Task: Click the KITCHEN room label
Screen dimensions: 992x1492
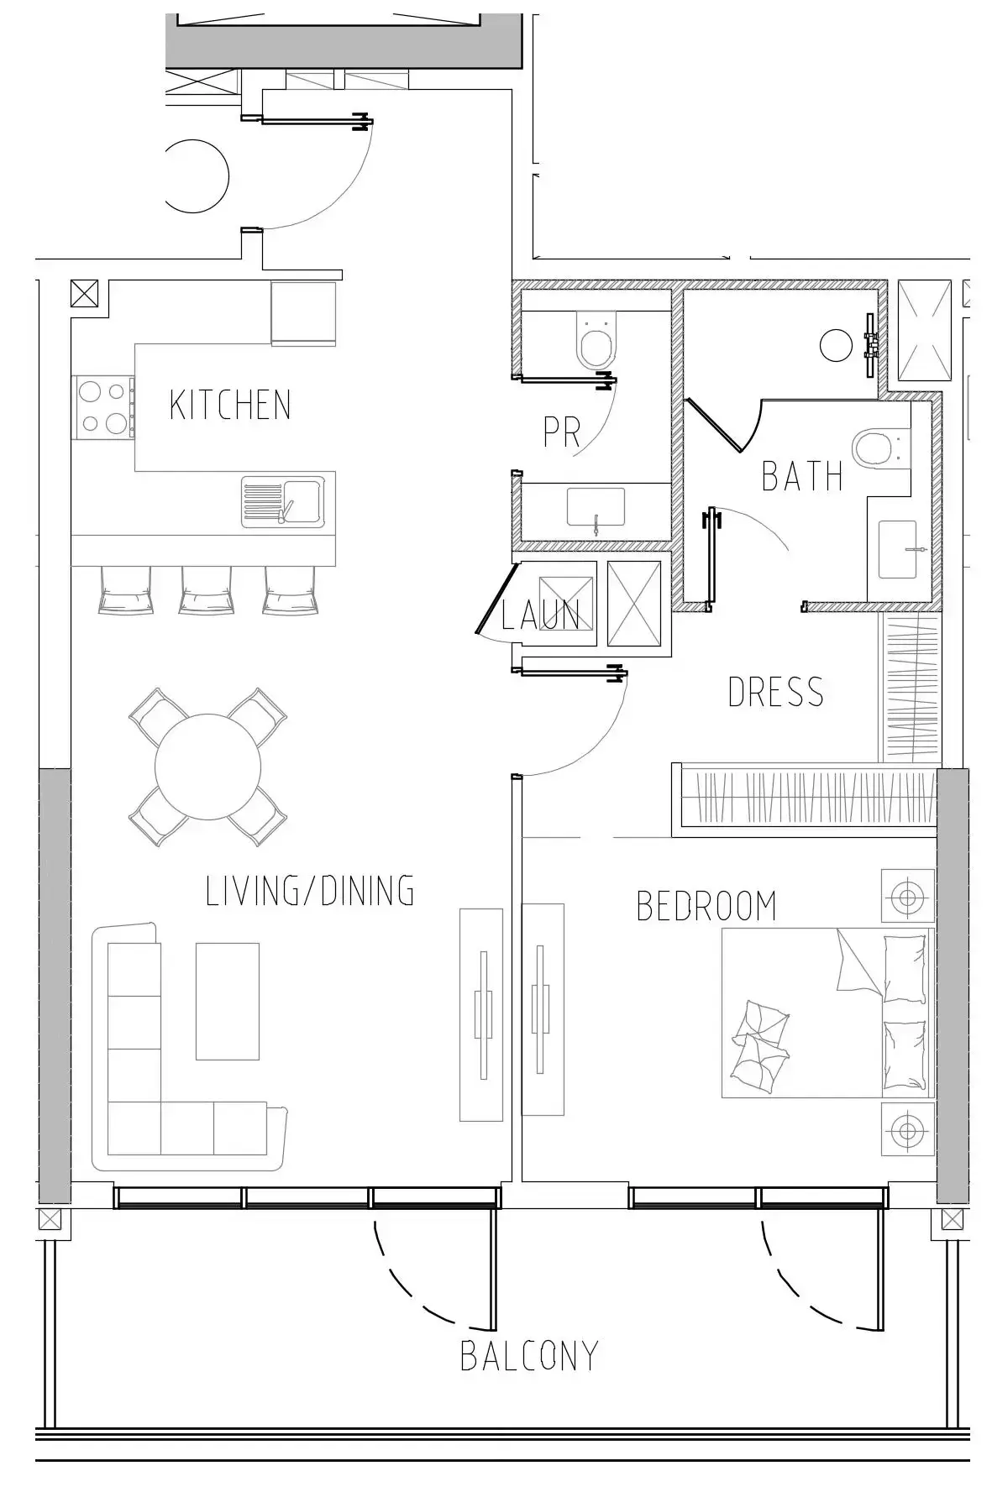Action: (230, 405)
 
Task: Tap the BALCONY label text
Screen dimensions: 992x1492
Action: (529, 1356)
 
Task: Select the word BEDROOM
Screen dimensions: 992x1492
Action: (706, 906)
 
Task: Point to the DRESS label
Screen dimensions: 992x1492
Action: (775, 692)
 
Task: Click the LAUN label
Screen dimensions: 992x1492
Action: (540, 615)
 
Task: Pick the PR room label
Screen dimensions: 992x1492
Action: (562, 432)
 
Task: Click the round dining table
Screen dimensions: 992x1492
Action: (208, 766)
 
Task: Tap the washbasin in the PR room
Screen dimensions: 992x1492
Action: (596, 508)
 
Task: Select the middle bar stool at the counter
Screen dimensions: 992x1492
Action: (207, 589)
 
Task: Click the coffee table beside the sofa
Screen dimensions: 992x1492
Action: (228, 1001)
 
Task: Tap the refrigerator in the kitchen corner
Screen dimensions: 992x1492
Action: (303, 313)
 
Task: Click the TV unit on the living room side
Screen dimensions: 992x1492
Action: (481, 1014)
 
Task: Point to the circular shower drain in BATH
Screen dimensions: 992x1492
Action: (836, 345)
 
